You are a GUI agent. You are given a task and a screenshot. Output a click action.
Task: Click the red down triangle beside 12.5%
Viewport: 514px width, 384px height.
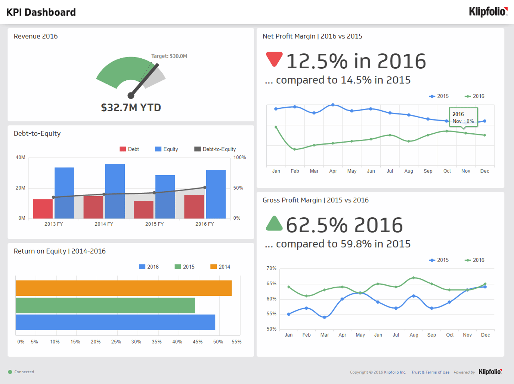(274, 59)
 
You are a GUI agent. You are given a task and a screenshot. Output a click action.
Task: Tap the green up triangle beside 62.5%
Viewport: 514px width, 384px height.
(274, 224)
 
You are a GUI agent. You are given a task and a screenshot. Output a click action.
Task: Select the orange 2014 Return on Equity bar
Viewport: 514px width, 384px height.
(123, 288)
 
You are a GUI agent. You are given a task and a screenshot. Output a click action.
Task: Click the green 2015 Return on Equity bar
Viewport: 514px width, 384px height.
(105, 305)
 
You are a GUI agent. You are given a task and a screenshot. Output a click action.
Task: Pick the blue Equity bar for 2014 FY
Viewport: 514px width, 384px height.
(115, 191)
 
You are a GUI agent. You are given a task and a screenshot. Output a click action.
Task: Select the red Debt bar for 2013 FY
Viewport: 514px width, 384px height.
(43, 209)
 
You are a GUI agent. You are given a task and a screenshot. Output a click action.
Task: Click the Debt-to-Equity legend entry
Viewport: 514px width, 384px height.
(215, 149)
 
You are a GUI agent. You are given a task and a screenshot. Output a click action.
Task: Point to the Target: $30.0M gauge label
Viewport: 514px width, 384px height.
(169, 56)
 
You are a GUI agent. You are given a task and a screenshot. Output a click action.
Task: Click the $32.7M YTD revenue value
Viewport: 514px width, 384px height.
(131, 107)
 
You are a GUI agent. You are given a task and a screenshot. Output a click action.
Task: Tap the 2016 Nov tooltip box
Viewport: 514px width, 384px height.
(463, 117)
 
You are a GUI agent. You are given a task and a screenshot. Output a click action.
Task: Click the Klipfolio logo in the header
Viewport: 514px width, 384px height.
(488, 12)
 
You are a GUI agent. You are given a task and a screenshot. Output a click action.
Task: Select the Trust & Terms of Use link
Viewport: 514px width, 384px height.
(430, 372)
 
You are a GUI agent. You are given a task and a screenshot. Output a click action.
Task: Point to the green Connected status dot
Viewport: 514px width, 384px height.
(10, 372)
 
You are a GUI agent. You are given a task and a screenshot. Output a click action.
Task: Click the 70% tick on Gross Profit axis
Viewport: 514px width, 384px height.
(271, 268)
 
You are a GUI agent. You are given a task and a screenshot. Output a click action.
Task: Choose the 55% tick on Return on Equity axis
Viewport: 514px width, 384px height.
(236, 342)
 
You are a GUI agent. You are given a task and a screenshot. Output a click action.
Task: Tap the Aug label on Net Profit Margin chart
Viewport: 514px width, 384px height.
(409, 171)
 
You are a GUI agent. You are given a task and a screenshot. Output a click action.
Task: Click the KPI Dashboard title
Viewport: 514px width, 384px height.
(41, 12)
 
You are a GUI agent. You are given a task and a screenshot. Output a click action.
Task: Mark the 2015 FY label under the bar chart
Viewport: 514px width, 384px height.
(154, 224)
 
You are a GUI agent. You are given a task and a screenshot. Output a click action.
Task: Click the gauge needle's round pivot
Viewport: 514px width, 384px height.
(131, 95)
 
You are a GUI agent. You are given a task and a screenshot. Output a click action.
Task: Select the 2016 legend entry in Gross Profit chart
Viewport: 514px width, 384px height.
(475, 260)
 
